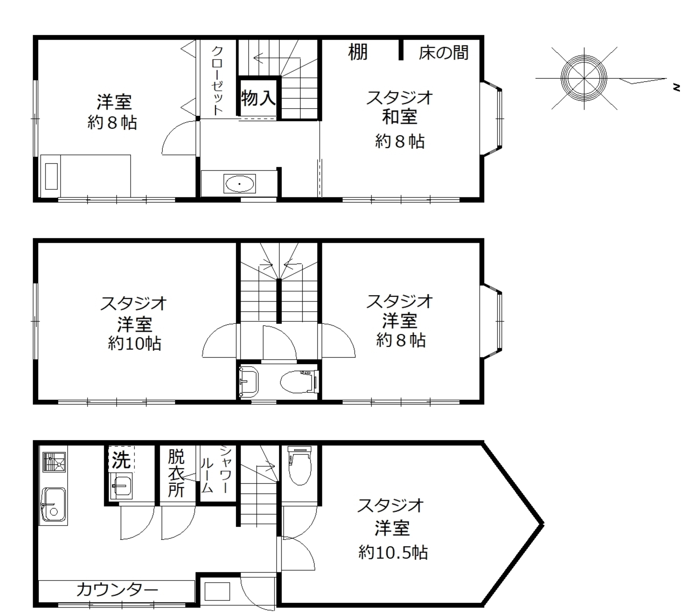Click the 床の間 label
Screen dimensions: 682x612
pos(443,53)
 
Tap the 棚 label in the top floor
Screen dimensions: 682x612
pos(357,52)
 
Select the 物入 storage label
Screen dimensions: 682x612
pos(258,98)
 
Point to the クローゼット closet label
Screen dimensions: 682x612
pos(217,81)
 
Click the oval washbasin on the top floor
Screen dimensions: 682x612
pos(240,184)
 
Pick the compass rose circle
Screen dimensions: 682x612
pos(584,78)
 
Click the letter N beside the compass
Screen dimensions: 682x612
pos(676,87)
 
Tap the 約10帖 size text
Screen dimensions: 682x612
pos(134,343)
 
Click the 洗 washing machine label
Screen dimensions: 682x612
pos(121,460)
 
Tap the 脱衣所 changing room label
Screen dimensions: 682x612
pos(176,473)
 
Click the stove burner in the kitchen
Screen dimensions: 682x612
pos(54,462)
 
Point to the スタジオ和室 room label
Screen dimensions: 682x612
pos(400,107)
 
